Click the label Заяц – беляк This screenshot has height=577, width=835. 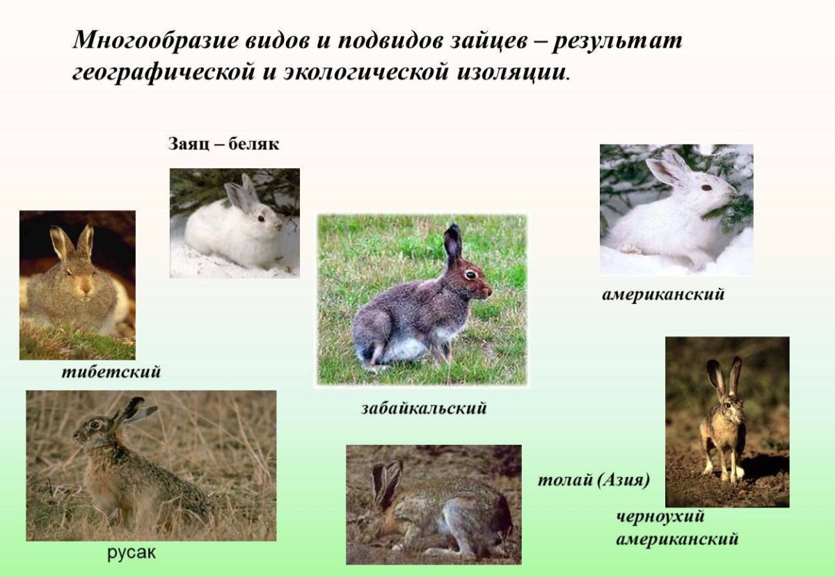click(x=223, y=145)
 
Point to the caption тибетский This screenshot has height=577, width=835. click(x=111, y=372)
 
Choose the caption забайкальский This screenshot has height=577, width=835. click(x=423, y=408)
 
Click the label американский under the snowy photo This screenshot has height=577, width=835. click(x=662, y=295)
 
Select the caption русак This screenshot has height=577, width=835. click(x=132, y=553)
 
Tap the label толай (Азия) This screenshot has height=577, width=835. click(x=594, y=480)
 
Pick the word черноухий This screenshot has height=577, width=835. click(x=660, y=517)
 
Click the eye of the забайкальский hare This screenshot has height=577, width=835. click(x=470, y=274)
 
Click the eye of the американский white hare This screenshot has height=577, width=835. click(x=706, y=187)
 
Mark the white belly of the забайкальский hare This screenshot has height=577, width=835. click(x=407, y=348)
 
